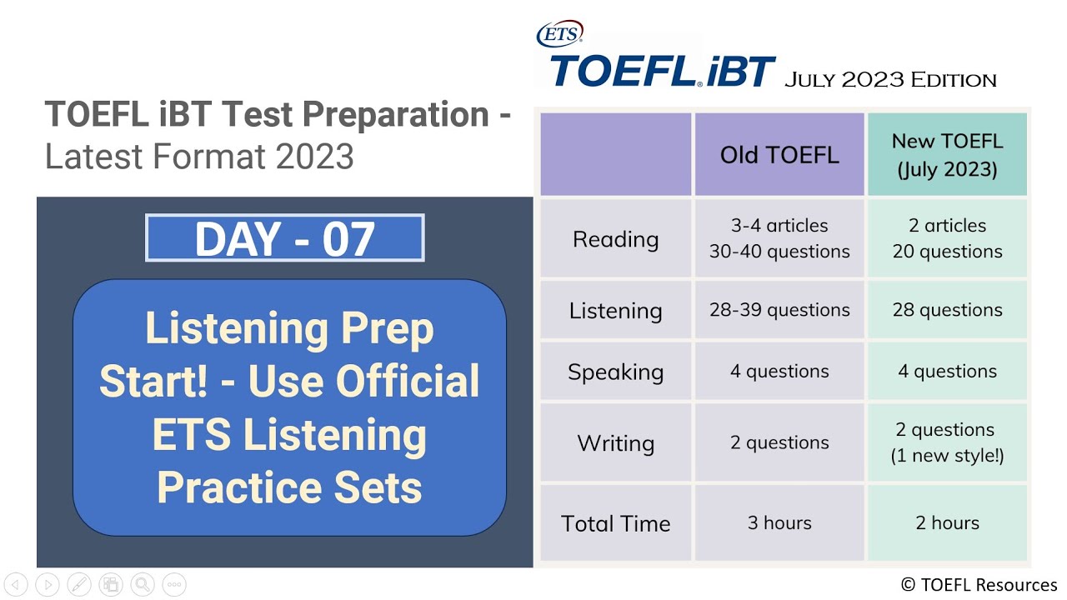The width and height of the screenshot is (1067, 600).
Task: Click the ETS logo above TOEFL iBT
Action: point(559,34)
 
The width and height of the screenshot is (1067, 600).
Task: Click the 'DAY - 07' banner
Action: point(285,238)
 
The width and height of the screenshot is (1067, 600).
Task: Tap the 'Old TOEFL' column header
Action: point(779,155)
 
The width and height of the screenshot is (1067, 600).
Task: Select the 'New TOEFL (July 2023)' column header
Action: point(947,155)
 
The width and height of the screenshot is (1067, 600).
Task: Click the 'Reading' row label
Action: point(615,239)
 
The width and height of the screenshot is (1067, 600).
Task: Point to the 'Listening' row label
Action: point(615,311)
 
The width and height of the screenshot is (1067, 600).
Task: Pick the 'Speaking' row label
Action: point(615,372)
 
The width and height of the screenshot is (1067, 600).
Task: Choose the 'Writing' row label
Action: point(615,442)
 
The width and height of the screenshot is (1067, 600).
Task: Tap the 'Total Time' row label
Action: point(615,523)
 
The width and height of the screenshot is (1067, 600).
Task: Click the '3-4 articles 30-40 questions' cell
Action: point(779,238)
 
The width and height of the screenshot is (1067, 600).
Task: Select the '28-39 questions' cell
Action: point(779,310)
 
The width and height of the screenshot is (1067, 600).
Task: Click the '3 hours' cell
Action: point(779,523)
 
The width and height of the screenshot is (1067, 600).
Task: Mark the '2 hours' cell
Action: point(947,523)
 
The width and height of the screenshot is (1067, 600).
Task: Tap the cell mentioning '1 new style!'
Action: point(947,442)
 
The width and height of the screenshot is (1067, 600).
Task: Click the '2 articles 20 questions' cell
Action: point(947,238)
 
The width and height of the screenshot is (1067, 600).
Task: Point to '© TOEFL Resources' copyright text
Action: point(979,585)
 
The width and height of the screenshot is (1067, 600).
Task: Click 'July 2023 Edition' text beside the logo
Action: point(890,80)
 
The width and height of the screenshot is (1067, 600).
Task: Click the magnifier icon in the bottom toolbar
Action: point(143,584)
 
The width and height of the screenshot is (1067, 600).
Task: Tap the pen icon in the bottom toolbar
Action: point(79,584)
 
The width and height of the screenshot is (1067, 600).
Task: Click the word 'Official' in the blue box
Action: point(408,381)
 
